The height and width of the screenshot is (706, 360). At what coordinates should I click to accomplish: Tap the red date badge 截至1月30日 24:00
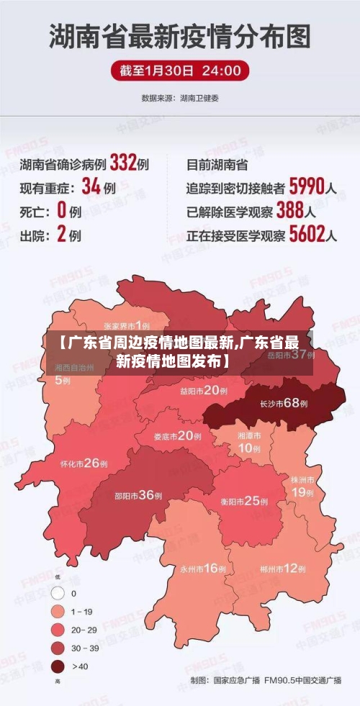tap(180, 71)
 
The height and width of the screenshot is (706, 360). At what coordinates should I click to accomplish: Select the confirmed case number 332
tap(123, 163)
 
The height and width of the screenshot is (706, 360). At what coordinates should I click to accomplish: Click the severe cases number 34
tap(91, 187)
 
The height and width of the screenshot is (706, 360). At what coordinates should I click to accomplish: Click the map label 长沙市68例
tap(283, 404)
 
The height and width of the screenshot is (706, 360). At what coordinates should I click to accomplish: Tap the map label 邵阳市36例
tap(139, 495)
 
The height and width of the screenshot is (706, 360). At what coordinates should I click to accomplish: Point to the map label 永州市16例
tap(203, 569)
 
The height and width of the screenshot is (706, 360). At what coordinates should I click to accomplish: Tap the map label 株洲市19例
tap(302, 486)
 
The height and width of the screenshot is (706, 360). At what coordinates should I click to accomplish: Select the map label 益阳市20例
tap(204, 391)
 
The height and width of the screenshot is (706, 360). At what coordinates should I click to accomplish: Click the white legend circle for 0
tap(58, 594)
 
